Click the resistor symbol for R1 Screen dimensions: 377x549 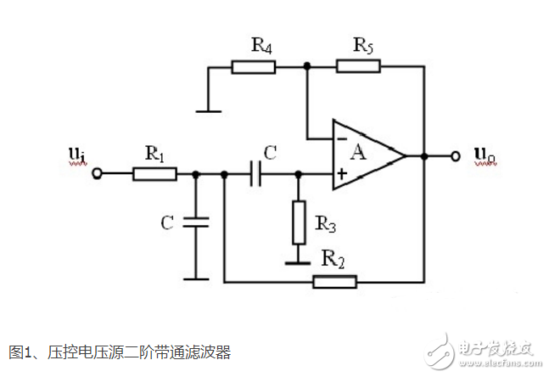pos(154,175)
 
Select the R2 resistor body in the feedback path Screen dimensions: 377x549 pos(335,281)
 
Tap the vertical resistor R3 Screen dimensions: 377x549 pos(298,220)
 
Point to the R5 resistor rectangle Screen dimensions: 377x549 pos(358,66)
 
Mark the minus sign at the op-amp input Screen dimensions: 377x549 pos(340,136)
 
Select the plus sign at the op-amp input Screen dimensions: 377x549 pos(341,175)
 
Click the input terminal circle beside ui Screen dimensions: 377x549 pos(98,175)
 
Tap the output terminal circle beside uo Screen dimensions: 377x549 pos(456,155)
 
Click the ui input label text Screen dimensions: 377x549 pos(76,155)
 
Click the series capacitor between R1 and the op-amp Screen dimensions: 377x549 pos(255,175)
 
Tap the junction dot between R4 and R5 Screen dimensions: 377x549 pos(307,66)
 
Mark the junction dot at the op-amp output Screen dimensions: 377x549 pos(423,155)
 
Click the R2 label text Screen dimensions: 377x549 pos(334,258)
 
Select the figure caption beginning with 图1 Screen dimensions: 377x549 pos(120,351)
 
